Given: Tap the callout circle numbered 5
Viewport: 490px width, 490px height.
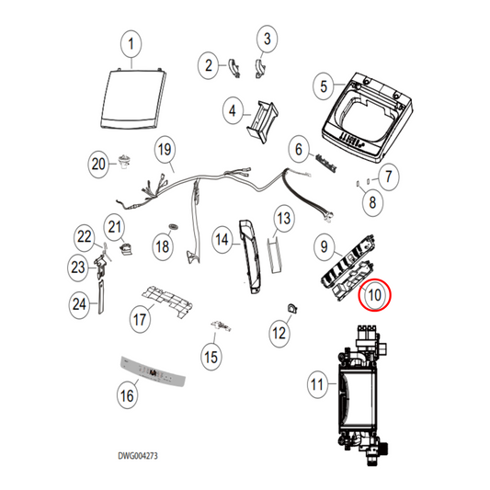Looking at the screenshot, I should click(x=323, y=86).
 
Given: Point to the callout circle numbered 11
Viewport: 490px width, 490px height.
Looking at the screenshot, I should click(x=317, y=384).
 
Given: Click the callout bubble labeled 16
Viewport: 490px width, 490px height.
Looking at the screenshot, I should click(x=127, y=394).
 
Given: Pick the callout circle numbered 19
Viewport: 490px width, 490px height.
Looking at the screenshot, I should click(x=164, y=148).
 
